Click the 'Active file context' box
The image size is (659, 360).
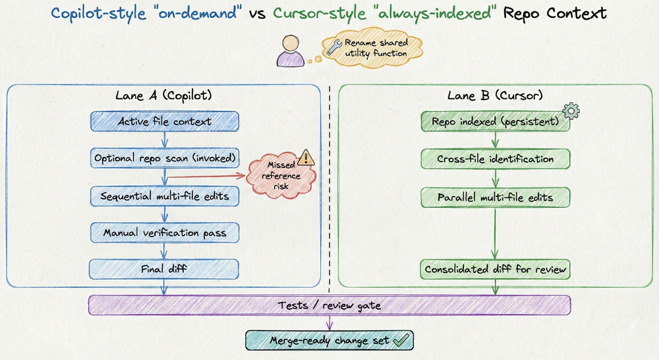coord(164,122)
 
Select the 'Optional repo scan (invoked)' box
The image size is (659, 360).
coord(164,159)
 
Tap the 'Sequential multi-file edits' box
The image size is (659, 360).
coord(164,196)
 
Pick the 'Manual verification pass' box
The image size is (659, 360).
coord(164,233)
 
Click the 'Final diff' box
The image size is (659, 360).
coord(164,269)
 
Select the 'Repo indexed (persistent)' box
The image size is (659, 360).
coord(495,122)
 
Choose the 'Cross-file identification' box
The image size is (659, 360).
coord(495,159)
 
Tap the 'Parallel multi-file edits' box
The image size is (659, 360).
coord(495,196)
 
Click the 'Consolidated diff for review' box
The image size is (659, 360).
coord(495,269)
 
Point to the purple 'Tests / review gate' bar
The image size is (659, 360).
coord(329,305)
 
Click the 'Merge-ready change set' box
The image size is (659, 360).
coord(329,340)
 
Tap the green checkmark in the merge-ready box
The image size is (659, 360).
coord(400,340)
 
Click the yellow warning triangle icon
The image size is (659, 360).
coord(305,157)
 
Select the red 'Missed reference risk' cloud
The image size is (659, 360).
coord(280,175)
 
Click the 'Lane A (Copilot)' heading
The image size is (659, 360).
coord(163,96)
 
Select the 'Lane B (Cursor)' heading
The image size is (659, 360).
coord(494,96)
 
